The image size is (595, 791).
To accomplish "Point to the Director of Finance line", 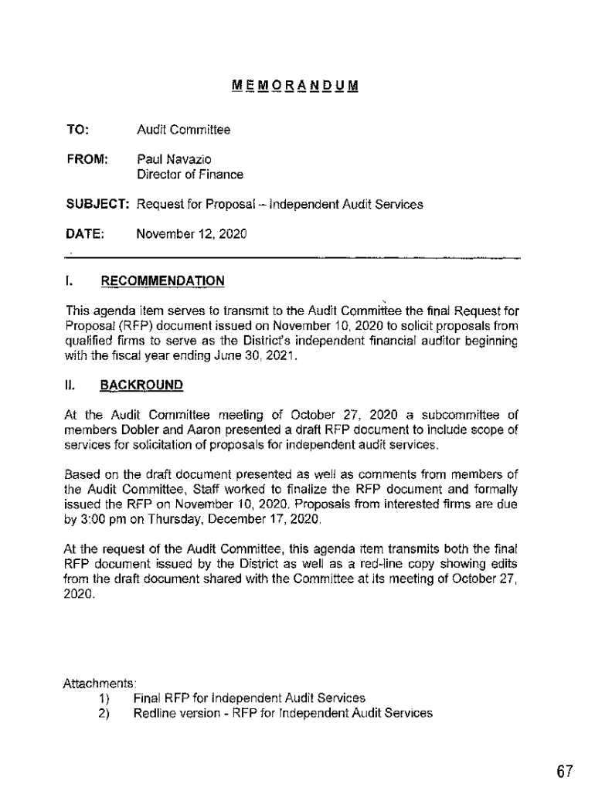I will click(x=189, y=175).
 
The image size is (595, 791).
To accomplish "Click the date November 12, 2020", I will click(x=191, y=233).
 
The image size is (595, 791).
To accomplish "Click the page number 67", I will click(x=564, y=771).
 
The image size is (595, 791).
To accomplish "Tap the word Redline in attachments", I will click(x=156, y=713).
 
